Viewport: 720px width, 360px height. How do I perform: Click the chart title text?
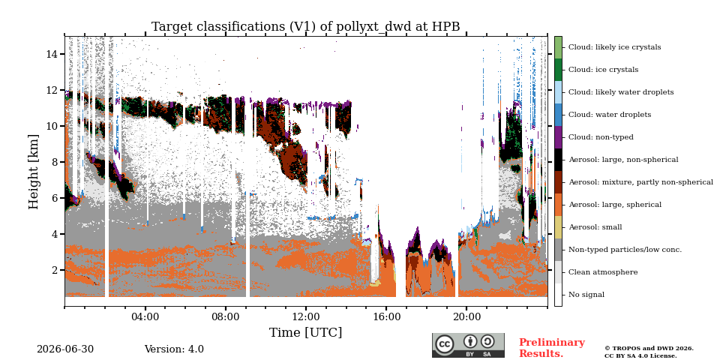(x=305, y=27)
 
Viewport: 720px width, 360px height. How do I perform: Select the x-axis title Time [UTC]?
(x=305, y=332)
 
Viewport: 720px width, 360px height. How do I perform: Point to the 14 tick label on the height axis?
(x=52, y=54)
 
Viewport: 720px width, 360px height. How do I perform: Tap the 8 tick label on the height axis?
(x=55, y=162)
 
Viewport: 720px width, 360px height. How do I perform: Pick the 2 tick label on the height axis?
(x=55, y=270)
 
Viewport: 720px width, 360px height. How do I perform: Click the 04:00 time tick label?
(x=145, y=316)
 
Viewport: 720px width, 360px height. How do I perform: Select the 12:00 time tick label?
(x=306, y=316)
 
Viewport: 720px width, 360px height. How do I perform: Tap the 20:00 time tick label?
(x=466, y=316)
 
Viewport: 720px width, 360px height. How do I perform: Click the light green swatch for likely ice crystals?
(x=558, y=47)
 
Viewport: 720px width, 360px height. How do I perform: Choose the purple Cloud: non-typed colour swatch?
(x=558, y=137)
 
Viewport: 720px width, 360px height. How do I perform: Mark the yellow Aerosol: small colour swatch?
(x=558, y=227)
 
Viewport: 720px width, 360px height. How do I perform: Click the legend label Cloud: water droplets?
(x=609, y=115)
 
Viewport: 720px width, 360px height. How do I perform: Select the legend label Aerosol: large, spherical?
(x=615, y=205)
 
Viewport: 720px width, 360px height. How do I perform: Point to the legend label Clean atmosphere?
(x=603, y=272)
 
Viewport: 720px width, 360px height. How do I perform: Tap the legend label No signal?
(x=586, y=295)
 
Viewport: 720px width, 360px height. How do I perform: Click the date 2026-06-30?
(x=65, y=349)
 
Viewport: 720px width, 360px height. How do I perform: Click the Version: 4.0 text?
(x=174, y=349)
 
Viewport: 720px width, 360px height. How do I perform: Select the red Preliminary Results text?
(x=551, y=348)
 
